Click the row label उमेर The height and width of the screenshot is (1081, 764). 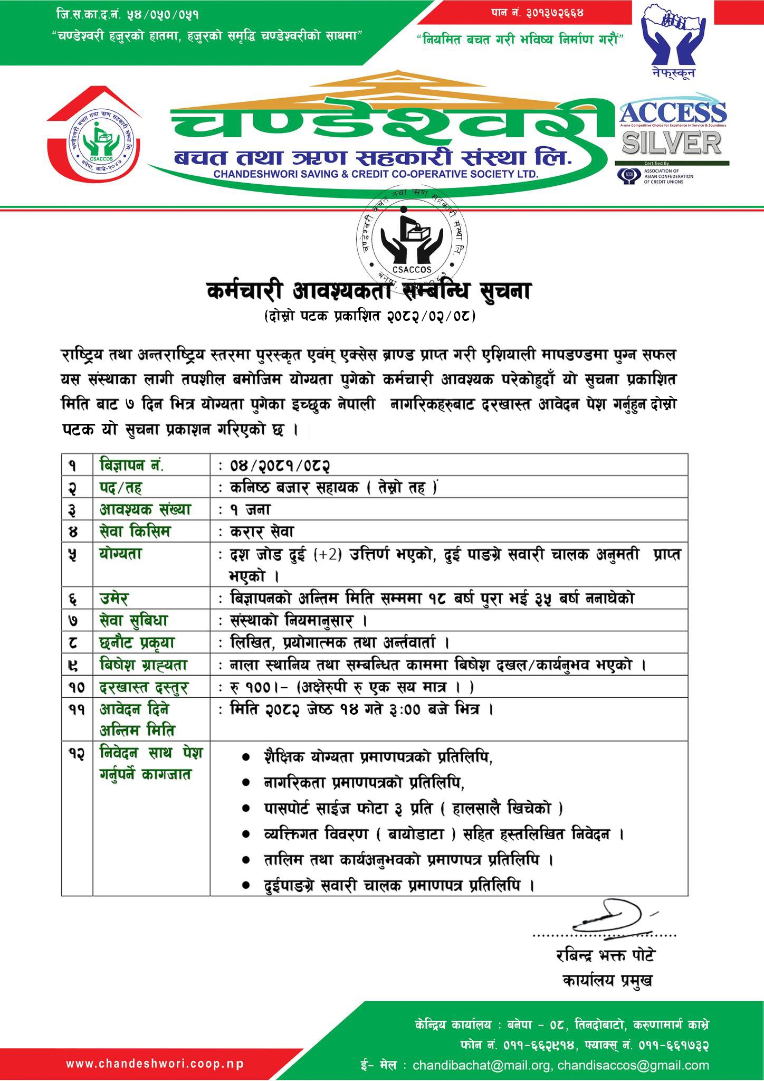click(x=114, y=599)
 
